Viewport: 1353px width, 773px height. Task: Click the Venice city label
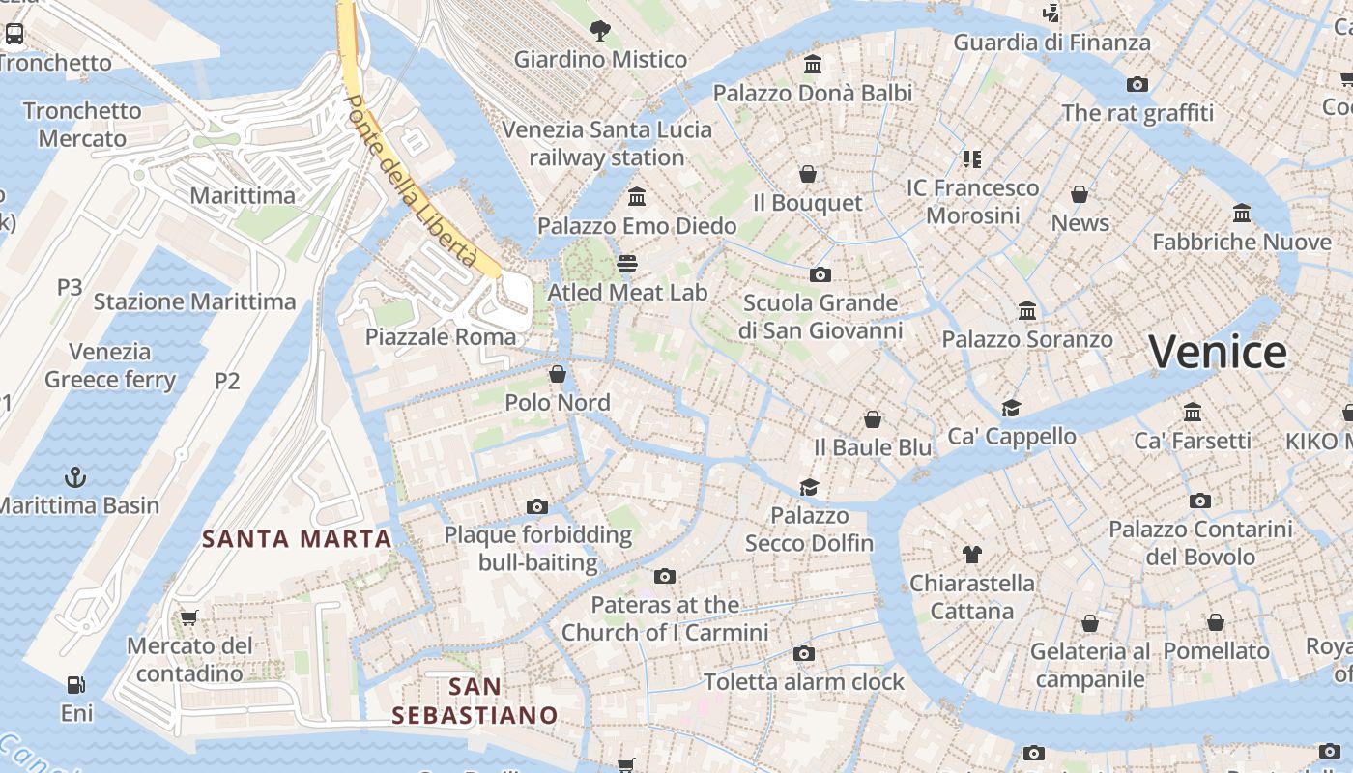click(1217, 352)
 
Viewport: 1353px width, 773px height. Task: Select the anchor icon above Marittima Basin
click(74, 477)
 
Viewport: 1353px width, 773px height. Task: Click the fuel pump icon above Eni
click(75, 685)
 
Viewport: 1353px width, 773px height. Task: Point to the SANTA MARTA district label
click(297, 539)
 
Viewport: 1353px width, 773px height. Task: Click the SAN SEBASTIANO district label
click(475, 701)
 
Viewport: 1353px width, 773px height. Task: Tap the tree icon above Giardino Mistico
click(599, 31)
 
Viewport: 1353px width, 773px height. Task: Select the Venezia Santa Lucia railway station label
click(607, 143)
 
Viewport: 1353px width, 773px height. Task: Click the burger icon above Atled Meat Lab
click(627, 264)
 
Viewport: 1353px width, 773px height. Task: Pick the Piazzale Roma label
click(441, 337)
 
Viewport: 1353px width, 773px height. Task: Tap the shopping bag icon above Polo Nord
click(558, 374)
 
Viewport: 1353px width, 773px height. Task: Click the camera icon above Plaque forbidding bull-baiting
click(537, 506)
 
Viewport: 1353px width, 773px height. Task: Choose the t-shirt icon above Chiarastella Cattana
click(972, 555)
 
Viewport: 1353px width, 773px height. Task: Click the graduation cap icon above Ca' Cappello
click(1011, 408)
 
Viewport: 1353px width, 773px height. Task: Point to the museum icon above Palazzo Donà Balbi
click(813, 65)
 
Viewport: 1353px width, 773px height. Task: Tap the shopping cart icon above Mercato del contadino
click(189, 617)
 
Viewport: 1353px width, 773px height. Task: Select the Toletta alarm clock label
click(804, 682)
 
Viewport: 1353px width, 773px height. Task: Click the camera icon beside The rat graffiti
click(1137, 85)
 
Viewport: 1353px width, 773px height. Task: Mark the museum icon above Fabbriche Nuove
click(1242, 213)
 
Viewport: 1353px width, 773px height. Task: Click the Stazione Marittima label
click(194, 301)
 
